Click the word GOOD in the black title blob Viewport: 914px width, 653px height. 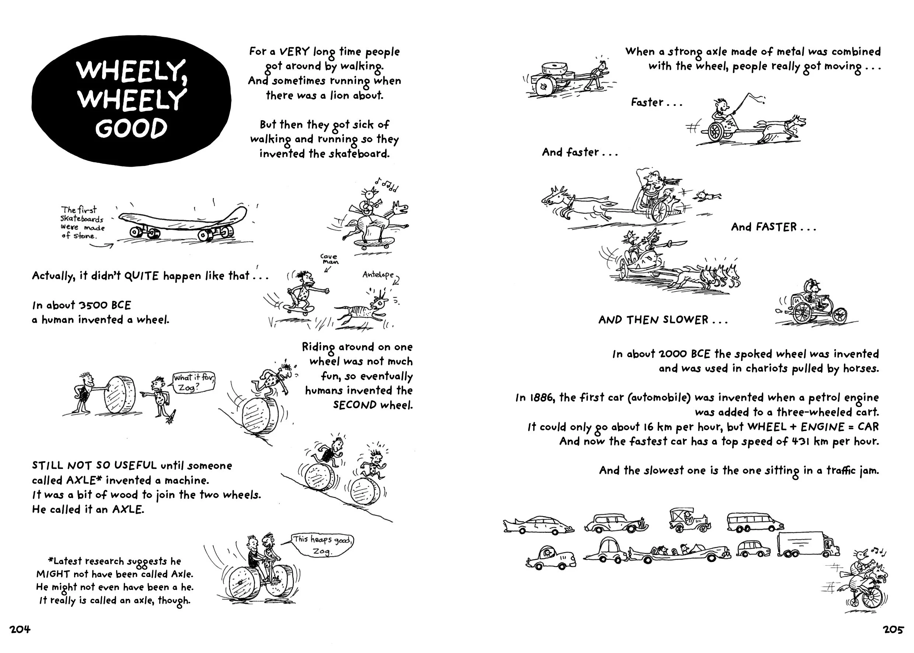pos(131,128)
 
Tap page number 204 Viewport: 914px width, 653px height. pos(20,629)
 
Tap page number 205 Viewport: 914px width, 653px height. pos(893,629)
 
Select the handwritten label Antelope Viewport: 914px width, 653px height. pos(378,275)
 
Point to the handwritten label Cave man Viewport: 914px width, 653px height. pos(329,259)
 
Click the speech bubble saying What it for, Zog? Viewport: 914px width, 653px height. pos(194,382)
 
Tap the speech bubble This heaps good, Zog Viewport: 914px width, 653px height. pos(323,545)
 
